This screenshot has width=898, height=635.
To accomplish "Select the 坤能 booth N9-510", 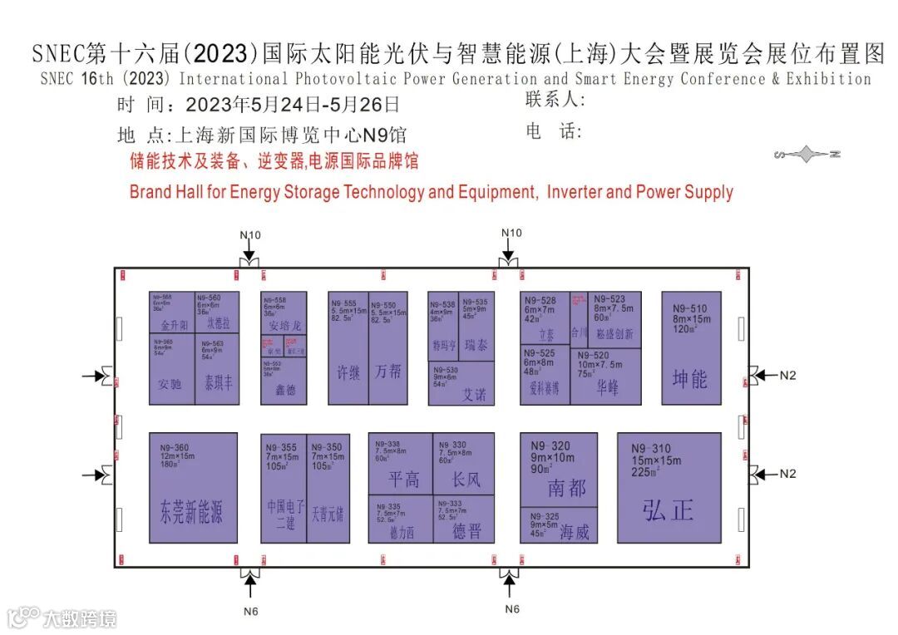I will click(x=690, y=348).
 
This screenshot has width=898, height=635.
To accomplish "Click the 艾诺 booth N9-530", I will click(x=461, y=383).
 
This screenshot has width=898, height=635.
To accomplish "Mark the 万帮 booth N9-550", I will click(x=388, y=348).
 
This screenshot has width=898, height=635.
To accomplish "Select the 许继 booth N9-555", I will click(x=348, y=348).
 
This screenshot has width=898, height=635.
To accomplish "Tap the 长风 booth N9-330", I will click(x=464, y=465).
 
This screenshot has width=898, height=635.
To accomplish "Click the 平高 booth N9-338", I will click(x=401, y=465).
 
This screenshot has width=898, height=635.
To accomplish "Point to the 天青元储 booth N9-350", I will click(x=327, y=488).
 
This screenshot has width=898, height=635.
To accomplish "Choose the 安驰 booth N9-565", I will click(x=171, y=369).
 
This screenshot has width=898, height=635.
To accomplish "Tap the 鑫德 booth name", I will click(x=284, y=389).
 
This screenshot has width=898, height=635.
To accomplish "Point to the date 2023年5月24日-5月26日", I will click(x=293, y=105).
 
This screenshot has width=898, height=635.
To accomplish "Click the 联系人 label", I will click(x=555, y=100).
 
